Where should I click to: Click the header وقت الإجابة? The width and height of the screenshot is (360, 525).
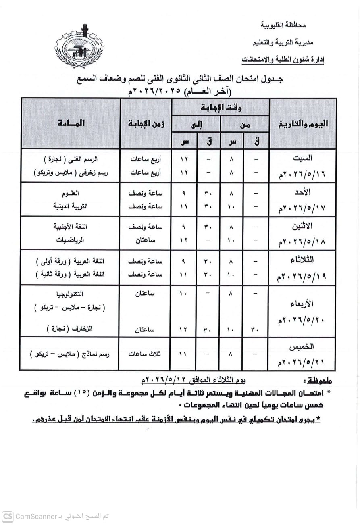tap(221, 107)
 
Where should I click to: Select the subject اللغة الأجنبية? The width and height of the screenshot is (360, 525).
tap(71, 227)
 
